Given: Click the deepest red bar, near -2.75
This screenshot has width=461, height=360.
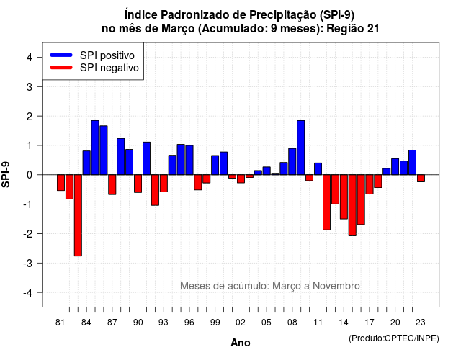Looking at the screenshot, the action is point(78,215).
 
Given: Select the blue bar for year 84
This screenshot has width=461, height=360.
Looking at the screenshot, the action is point(86,163).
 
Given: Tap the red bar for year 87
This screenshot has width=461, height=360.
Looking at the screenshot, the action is point(112,184).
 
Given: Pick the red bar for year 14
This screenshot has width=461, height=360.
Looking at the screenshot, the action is point(344,197).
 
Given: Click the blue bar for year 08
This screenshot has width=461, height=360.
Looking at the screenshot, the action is point(292,161).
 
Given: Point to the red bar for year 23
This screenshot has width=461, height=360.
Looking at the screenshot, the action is point(421,179).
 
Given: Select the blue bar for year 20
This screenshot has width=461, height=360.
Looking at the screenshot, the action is point(395,166).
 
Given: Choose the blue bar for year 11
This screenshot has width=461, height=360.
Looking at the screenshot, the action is point(318,168).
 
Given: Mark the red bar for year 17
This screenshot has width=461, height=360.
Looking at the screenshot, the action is point(370,184).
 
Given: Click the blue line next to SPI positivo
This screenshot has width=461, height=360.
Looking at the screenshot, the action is point(61,55).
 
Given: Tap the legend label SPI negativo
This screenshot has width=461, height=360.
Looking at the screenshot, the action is point(109,68).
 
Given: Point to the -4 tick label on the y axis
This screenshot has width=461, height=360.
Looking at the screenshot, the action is point(28,293).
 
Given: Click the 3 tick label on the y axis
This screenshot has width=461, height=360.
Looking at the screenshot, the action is point(30,86).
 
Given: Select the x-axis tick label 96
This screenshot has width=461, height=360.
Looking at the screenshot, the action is point(189,323).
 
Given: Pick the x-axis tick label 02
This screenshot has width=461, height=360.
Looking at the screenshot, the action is point(241,323).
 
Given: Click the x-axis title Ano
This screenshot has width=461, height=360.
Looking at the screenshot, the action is point(241,343).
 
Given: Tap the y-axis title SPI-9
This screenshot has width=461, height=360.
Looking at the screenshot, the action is point(6,174).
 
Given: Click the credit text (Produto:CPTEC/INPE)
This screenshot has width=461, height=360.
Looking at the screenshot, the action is point(394,338).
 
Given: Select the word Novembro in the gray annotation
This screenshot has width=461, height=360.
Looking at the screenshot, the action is point(336,286).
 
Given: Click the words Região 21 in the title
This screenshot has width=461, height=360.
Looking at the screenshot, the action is point(353,29).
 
